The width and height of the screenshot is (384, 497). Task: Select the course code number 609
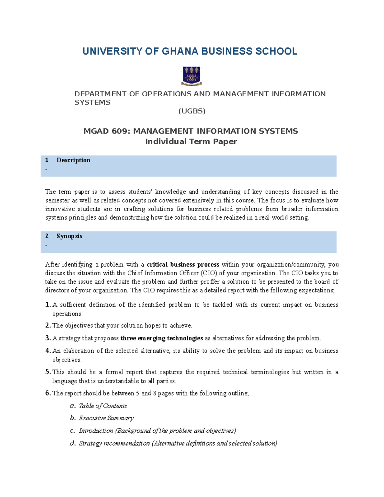[x=120, y=131]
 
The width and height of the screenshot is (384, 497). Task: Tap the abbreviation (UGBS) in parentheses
[x=192, y=111]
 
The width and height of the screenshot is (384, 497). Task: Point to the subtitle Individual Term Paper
[x=191, y=141]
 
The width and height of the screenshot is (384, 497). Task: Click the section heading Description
[x=73, y=160]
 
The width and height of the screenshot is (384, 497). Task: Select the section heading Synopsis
[x=69, y=236]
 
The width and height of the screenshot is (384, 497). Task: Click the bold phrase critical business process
[x=183, y=265]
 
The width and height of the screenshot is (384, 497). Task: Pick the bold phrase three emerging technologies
[x=162, y=338]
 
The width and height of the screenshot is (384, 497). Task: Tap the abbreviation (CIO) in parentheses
[x=209, y=273]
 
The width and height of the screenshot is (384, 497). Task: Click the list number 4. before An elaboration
[x=48, y=351]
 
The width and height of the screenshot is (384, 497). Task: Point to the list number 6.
[x=48, y=393]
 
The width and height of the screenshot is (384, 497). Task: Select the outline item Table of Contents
[x=103, y=406]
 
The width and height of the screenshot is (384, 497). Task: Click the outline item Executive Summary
[x=106, y=418]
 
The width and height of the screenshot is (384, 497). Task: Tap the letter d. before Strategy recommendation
[x=73, y=443]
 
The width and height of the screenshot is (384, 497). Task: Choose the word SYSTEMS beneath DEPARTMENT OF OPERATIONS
[x=92, y=103]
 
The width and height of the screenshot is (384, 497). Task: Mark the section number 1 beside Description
[x=47, y=160]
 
